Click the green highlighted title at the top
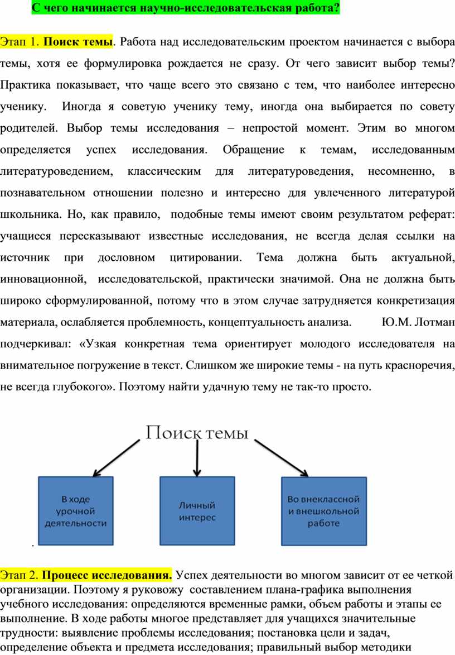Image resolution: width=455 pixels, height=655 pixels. tap(186, 7)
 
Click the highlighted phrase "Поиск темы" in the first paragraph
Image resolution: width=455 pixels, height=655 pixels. tap(78, 42)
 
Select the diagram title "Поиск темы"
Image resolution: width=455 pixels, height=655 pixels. tap(197, 433)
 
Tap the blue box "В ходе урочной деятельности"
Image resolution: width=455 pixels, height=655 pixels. tap(75, 511)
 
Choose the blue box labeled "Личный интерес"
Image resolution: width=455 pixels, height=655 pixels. tap(197, 511)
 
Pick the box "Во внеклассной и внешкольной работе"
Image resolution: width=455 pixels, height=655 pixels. tap(323, 511)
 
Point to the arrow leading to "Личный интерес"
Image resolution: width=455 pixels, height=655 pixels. tap(197, 458)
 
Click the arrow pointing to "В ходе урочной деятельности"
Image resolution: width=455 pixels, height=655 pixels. tap(117, 458)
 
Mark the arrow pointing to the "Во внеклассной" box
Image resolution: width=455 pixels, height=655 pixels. tap(282, 458)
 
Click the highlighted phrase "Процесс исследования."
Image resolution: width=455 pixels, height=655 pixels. tap(107, 575)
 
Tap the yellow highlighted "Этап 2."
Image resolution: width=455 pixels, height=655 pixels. tap(20, 575)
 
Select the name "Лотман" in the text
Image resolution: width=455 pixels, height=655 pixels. tap(435, 322)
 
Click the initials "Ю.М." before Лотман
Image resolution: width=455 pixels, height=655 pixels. tap(396, 322)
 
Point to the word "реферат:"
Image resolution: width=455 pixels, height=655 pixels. tap(432, 215)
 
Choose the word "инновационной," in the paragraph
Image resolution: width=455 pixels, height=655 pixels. tap(43, 279)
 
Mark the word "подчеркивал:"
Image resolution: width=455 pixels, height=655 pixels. tap(36, 344)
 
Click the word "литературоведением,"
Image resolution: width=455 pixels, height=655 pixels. tap(56, 171)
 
